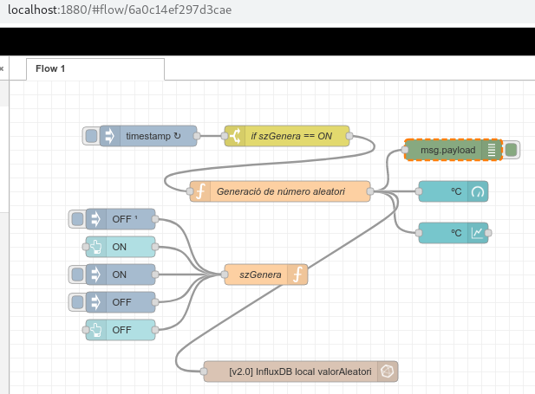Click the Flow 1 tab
pos(95,69)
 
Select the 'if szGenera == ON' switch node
pos(287,136)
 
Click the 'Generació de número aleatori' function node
pos(280,191)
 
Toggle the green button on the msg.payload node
pos(511,150)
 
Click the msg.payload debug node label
pos(447,150)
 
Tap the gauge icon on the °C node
pos(478,191)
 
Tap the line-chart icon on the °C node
pos(478,233)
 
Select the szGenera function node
pos(266,275)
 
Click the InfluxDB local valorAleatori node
pos(301,371)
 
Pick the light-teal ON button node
pos(121,247)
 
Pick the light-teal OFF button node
pos(121,330)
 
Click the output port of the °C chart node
pos(488,233)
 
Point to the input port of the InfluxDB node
pos(204,371)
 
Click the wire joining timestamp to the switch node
pos(211,136)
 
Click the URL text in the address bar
pos(120,10)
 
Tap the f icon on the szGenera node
pos(297,275)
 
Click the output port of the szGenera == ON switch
pos(349,136)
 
